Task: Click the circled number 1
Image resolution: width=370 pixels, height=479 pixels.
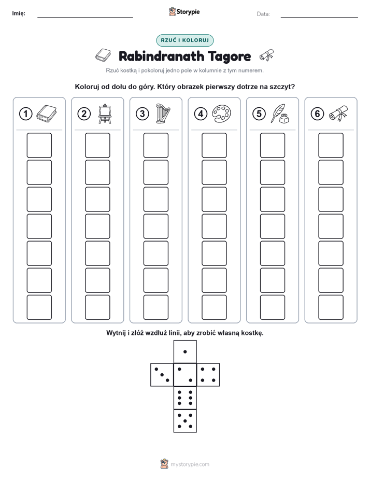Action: click(25, 114)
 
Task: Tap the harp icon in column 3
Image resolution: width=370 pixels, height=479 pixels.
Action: click(162, 114)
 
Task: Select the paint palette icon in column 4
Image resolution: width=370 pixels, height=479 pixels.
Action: click(221, 114)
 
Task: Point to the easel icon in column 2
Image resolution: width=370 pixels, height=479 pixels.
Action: click(105, 114)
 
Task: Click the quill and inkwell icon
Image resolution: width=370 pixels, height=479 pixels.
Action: click(280, 114)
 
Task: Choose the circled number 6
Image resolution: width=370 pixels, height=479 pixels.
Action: click(317, 114)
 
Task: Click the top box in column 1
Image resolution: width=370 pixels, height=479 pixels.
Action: click(39, 145)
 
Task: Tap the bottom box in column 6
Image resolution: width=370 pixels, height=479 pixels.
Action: click(331, 307)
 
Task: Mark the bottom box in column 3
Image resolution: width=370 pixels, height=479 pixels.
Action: click(155, 307)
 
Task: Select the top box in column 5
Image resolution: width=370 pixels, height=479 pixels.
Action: click(272, 145)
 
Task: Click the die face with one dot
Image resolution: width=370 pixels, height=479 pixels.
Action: click(185, 351)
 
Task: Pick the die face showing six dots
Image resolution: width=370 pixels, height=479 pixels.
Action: click(185, 398)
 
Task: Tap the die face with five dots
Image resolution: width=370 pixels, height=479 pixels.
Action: click(185, 420)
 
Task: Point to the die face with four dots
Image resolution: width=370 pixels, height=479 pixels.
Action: click(208, 374)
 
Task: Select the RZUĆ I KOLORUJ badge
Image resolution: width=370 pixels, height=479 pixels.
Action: click(184, 40)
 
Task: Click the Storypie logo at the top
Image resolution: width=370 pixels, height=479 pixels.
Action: click(184, 12)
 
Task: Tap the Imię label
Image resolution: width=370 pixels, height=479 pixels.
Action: click(19, 13)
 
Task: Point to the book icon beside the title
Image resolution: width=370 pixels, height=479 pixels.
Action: click(103, 55)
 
